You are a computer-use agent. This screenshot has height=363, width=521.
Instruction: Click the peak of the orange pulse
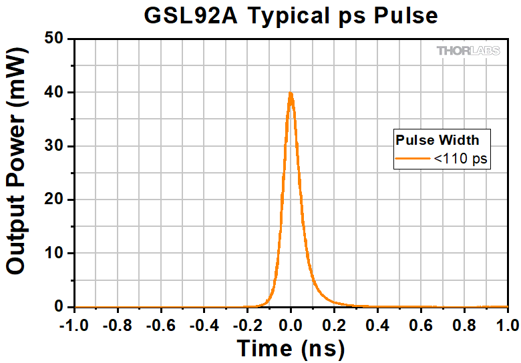291,94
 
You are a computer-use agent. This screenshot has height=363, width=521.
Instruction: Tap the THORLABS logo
472,51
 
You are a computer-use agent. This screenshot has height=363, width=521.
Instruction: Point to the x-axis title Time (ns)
291,348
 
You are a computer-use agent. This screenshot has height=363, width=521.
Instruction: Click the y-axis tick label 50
55,39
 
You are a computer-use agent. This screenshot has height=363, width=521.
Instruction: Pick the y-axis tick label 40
55,92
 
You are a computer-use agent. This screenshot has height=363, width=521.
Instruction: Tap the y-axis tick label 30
55,146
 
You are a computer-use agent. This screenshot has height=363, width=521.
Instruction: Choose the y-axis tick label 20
55,200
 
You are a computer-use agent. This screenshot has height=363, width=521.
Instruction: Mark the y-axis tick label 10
55,254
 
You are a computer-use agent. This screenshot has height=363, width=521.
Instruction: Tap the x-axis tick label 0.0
291,325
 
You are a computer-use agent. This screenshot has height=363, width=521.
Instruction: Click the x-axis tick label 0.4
377,325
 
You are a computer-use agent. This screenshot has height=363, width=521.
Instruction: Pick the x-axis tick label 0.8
464,325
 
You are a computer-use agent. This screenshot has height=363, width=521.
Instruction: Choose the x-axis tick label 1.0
506,325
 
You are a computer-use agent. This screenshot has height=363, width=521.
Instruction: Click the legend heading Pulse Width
438,139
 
